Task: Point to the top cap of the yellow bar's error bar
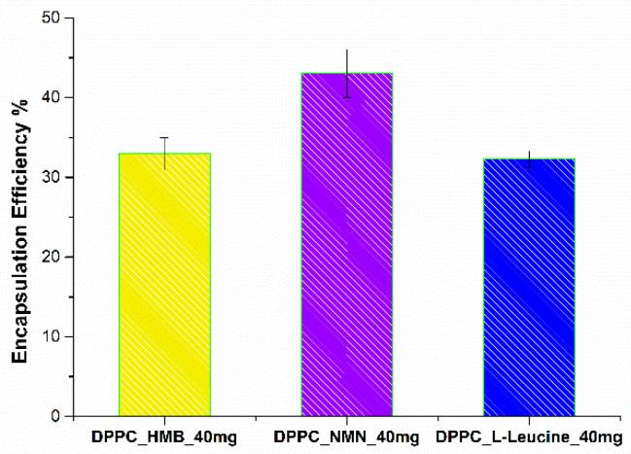tap(164, 138)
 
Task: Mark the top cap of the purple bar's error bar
tap(346, 50)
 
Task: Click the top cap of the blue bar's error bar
tap(529, 151)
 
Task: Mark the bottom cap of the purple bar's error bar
tap(346, 97)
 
